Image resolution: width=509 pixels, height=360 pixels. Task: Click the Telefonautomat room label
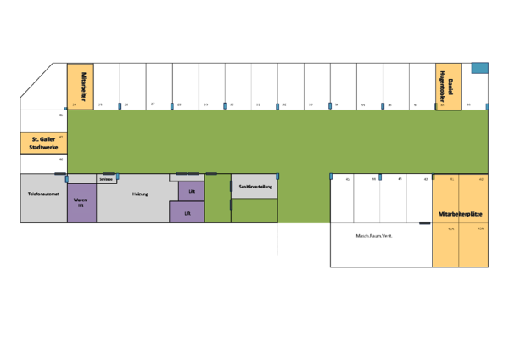[42, 194]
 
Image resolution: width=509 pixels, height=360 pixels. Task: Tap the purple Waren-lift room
[81, 203]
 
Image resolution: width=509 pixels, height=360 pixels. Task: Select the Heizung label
[140, 194]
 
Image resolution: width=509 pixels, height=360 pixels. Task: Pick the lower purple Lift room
[187, 213]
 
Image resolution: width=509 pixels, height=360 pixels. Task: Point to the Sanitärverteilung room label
[255, 186]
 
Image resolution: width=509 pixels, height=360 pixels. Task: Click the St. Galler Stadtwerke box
[43, 143]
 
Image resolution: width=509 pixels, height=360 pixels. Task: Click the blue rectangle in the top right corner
[479, 68]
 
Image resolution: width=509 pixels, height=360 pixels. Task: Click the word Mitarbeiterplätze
[461, 213]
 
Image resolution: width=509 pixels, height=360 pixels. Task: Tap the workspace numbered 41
[451, 181]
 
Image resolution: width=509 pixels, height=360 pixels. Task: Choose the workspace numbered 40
[481, 181]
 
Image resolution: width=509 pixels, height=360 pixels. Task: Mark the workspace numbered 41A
[451, 228]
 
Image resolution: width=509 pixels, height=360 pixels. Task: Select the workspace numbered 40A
[480, 228]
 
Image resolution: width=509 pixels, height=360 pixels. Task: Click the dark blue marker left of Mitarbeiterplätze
[425, 223]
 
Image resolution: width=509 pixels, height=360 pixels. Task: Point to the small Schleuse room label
[106, 179]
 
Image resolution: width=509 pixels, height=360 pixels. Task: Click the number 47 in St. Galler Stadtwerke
[61, 136]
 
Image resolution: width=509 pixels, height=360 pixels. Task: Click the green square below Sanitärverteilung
[255, 211]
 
